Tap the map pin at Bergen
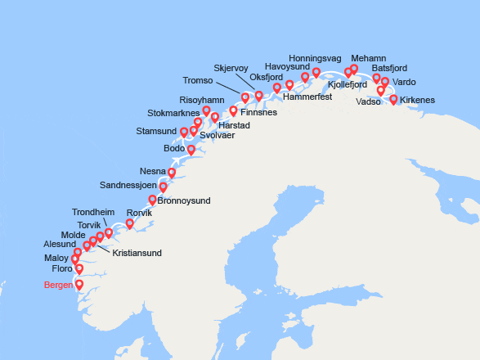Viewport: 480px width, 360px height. (x=79, y=285)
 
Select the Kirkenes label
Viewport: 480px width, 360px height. (x=418, y=100)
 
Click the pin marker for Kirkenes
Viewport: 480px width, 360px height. (x=393, y=100)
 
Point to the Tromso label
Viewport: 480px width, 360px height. (x=197, y=80)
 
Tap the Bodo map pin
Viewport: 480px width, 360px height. (x=191, y=150)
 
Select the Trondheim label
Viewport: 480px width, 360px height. (x=94, y=211)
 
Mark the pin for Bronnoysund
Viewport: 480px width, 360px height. (x=152, y=200)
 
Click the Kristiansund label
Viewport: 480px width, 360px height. (x=137, y=253)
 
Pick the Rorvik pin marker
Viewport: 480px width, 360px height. (x=130, y=223)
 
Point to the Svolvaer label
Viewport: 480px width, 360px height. (x=217, y=135)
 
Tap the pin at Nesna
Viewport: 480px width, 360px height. (x=172, y=173)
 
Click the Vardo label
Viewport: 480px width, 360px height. (x=404, y=82)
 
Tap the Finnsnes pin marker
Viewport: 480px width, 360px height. (x=233, y=110)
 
